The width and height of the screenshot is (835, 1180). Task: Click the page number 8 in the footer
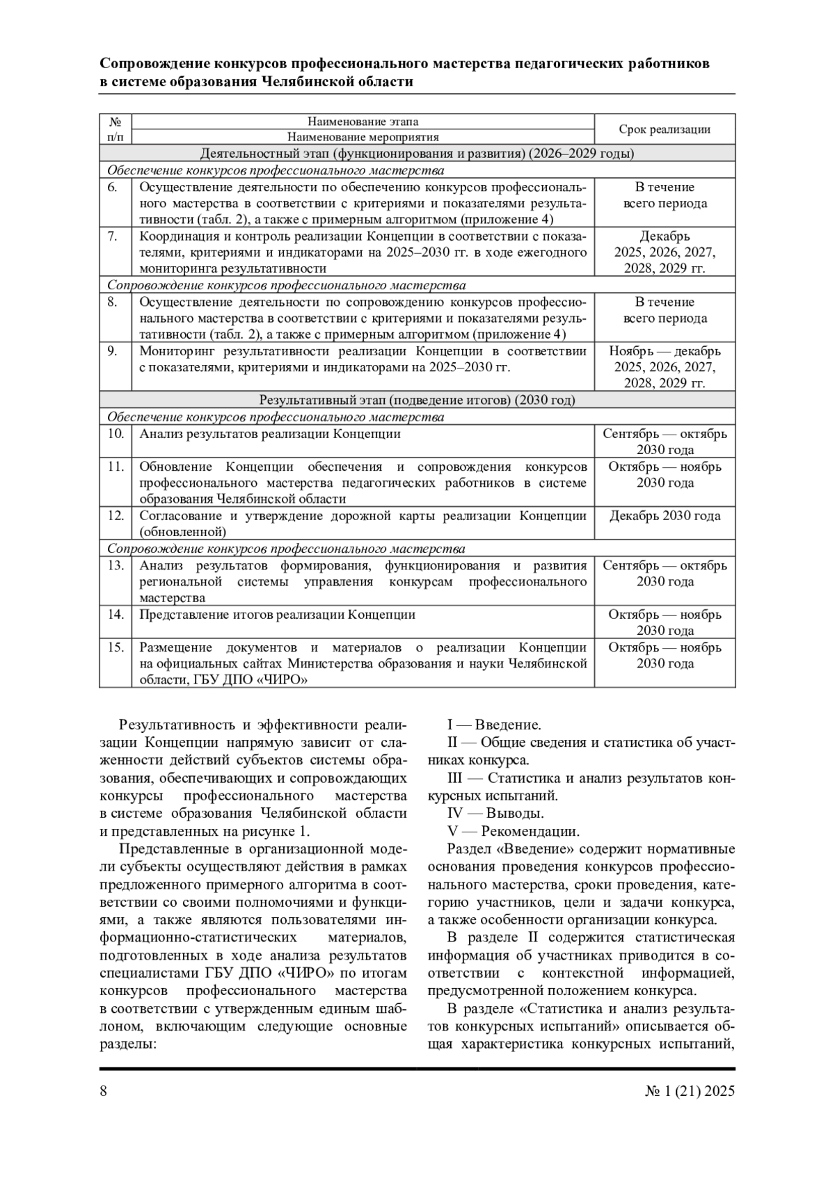(x=104, y=1090)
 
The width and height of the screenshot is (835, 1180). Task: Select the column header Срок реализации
(x=665, y=129)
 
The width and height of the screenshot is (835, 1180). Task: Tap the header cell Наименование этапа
(x=363, y=122)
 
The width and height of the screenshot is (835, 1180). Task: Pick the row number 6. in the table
(x=113, y=187)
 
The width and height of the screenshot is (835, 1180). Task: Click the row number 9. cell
(x=113, y=351)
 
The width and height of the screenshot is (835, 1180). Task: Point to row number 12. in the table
(x=116, y=516)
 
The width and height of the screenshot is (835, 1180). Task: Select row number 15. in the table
(x=116, y=647)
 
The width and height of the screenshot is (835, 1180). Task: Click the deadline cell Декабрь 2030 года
(x=665, y=516)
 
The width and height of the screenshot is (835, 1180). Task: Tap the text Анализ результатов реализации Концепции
(x=270, y=434)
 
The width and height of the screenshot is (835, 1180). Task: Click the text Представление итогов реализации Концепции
(x=277, y=615)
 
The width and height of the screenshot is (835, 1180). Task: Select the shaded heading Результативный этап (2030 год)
(x=417, y=400)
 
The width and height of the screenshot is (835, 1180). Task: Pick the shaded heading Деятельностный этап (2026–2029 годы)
(x=417, y=154)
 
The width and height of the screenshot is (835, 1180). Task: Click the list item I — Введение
(x=494, y=725)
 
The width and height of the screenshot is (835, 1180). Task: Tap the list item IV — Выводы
(x=495, y=813)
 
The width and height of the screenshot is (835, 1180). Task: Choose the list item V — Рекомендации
(x=513, y=831)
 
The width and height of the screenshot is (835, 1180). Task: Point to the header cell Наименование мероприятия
(x=363, y=137)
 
